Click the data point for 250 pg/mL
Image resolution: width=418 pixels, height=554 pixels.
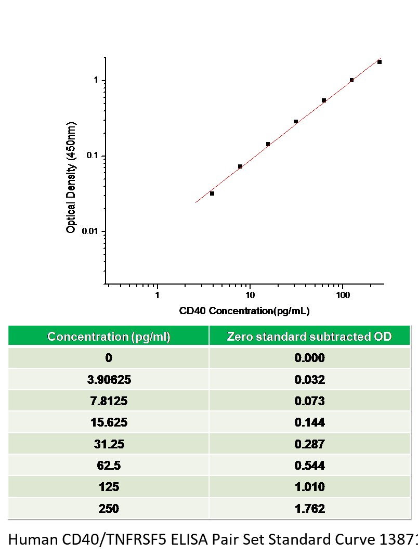[380, 62]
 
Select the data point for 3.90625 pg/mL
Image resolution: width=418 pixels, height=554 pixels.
[212, 194]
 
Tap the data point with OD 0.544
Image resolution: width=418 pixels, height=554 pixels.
[324, 100]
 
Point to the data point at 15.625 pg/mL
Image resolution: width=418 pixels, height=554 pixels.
[268, 144]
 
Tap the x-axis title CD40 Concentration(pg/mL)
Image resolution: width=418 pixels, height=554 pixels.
[244, 312]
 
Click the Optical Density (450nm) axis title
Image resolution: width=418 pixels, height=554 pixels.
[72, 177]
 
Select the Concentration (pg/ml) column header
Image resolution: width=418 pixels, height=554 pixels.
[109, 337]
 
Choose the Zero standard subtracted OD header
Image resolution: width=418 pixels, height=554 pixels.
[309, 337]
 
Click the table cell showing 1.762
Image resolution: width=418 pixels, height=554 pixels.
[309, 508]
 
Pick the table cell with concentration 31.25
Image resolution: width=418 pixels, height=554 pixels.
[109, 444]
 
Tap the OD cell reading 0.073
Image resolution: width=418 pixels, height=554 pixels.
[309, 401]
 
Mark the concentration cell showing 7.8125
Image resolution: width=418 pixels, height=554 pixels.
[109, 401]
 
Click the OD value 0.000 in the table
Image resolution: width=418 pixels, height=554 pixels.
[309, 358]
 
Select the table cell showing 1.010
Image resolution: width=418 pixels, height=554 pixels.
[309, 487]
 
